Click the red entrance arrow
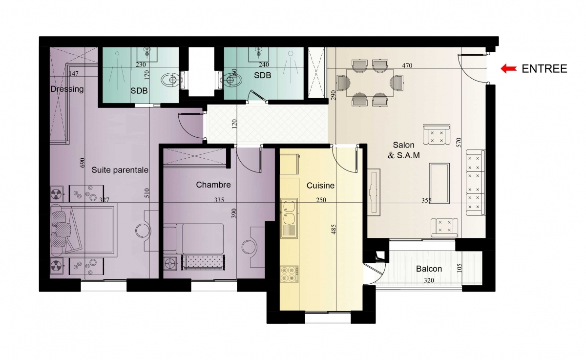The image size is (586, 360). pyautogui.click(x=508, y=69)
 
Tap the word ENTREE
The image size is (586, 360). pyautogui.click(x=544, y=69)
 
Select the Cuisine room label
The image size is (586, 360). pyautogui.click(x=320, y=186)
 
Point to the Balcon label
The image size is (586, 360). pyautogui.click(x=429, y=269)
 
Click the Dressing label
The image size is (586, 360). pyautogui.click(x=67, y=89)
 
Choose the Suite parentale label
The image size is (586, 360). pyautogui.click(x=120, y=170)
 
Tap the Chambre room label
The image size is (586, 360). pyautogui.click(x=213, y=185)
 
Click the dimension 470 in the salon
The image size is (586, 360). pyautogui.click(x=407, y=65)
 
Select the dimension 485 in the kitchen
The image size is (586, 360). pyautogui.click(x=333, y=229)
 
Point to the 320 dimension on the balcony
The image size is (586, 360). pyautogui.click(x=429, y=280)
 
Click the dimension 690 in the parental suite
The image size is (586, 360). pyautogui.click(x=82, y=163)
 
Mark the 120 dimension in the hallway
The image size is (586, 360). pyautogui.click(x=234, y=124)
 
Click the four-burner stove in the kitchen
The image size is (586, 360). pyautogui.click(x=289, y=274)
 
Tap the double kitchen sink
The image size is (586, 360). pyautogui.click(x=289, y=218)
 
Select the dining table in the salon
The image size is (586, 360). pyautogui.click(x=370, y=83)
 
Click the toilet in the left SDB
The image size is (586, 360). pyautogui.click(x=170, y=80)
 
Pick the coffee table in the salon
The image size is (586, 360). pyautogui.click(x=439, y=183)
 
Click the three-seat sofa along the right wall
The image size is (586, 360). pyautogui.click(x=475, y=183)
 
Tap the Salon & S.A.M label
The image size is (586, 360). pyautogui.click(x=404, y=150)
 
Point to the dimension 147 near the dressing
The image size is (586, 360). pyautogui.click(x=74, y=74)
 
